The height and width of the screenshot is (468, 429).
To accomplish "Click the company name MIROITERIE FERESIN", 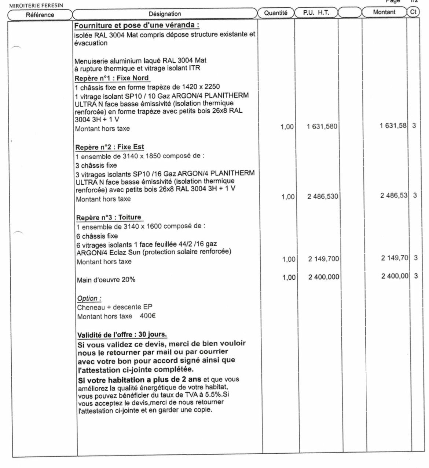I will pyautogui.click(x=32, y=5).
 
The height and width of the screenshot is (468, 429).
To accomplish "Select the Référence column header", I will pyautogui.click(x=40, y=15).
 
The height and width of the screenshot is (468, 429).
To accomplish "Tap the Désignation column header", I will pyautogui.click(x=165, y=14).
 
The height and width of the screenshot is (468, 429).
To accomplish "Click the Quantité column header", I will pyautogui.click(x=275, y=13).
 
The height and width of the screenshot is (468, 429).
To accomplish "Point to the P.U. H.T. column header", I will pyautogui.click(x=316, y=13).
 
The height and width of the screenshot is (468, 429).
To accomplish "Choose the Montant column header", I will pyautogui.click(x=384, y=12).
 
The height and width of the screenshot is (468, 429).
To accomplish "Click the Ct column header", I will pyautogui.click(x=413, y=12).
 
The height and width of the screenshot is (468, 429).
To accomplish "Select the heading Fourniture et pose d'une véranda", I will pyautogui.click(x=137, y=26).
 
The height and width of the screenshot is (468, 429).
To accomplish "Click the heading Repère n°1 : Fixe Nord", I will pyautogui.click(x=112, y=78).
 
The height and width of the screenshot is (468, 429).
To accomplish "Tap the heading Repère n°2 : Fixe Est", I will pyautogui.click(x=110, y=147).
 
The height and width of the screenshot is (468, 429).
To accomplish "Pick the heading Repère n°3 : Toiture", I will pyautogui.click(x=109, y=217).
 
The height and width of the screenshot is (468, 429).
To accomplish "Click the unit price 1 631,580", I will pyautogui.click(x=322, y=127).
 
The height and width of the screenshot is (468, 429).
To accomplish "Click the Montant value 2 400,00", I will pyautogui.click(x=395, y=276).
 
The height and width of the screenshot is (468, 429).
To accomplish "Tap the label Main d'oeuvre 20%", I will pyautogui.click(x=106, y=280).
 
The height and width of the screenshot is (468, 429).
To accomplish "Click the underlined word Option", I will pyautogui.click(x=88, y=298).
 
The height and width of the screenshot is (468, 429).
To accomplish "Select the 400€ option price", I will pyautogui.click(x=148, y=316).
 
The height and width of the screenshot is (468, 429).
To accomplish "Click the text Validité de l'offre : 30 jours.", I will pyautogui.click(x=122, y=335).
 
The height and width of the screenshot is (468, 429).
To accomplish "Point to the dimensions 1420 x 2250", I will pyautogui.click(x=201, y=87).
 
